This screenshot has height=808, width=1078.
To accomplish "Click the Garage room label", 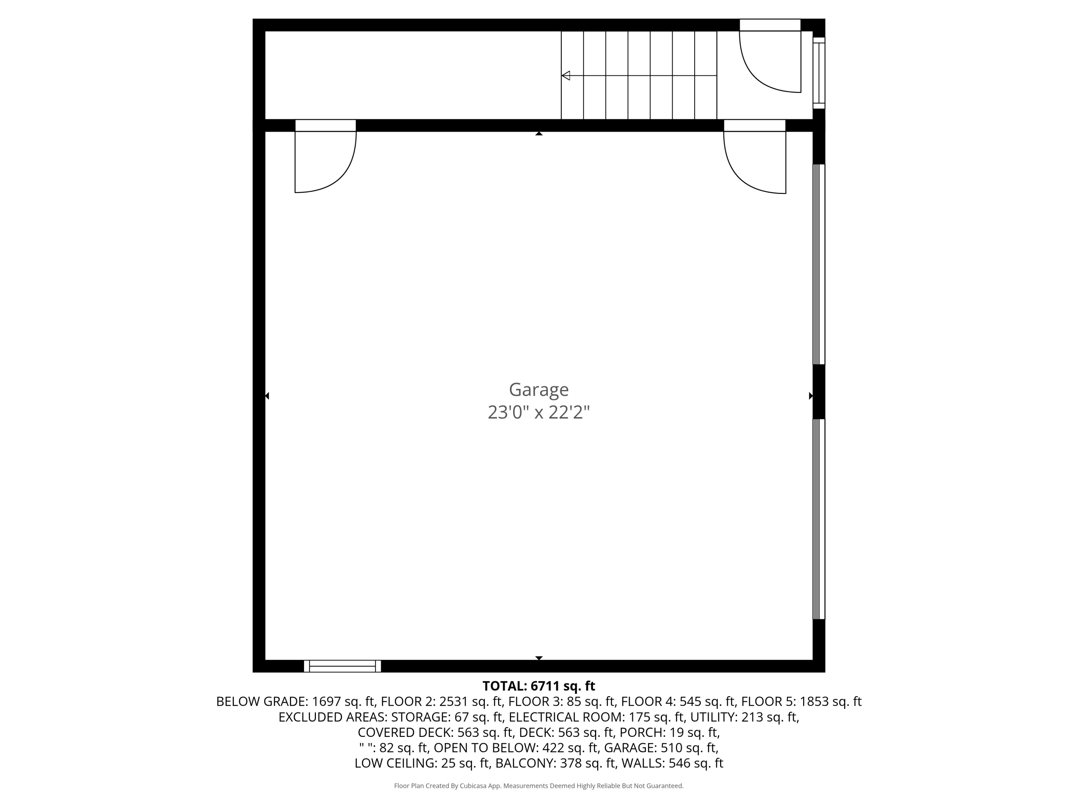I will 539,389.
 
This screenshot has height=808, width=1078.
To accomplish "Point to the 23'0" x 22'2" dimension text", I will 539,413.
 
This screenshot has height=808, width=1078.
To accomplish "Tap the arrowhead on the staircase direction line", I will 566,75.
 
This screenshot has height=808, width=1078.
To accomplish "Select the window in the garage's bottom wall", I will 342,666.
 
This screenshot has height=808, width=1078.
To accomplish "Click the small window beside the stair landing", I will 819,73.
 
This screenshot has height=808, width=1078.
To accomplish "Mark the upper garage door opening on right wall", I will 819,264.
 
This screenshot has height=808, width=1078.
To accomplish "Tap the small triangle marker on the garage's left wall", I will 267,396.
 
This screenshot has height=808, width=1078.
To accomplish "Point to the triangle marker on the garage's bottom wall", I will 539,658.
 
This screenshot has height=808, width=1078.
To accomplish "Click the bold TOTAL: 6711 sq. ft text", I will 539,686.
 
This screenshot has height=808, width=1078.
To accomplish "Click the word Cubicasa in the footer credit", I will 473,786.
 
